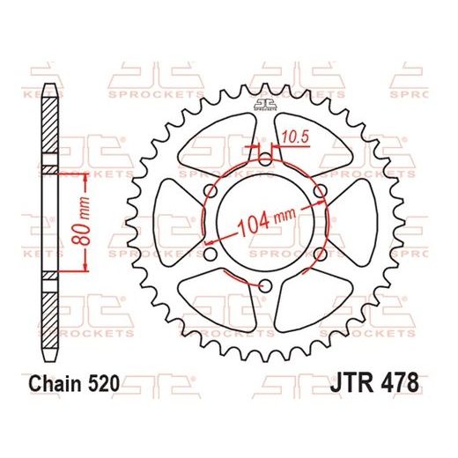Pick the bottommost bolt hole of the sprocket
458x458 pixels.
265,284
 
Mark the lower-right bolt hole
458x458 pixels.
319,253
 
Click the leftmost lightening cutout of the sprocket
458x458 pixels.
177,222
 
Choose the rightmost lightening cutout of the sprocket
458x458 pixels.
353,222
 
